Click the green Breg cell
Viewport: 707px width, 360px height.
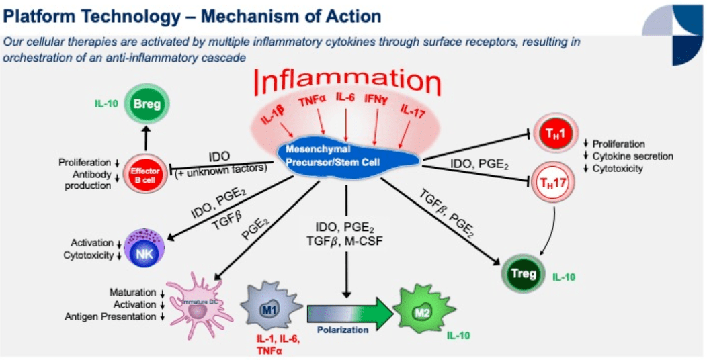coord(144,105)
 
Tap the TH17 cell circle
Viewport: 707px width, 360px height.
coord(553,181)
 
